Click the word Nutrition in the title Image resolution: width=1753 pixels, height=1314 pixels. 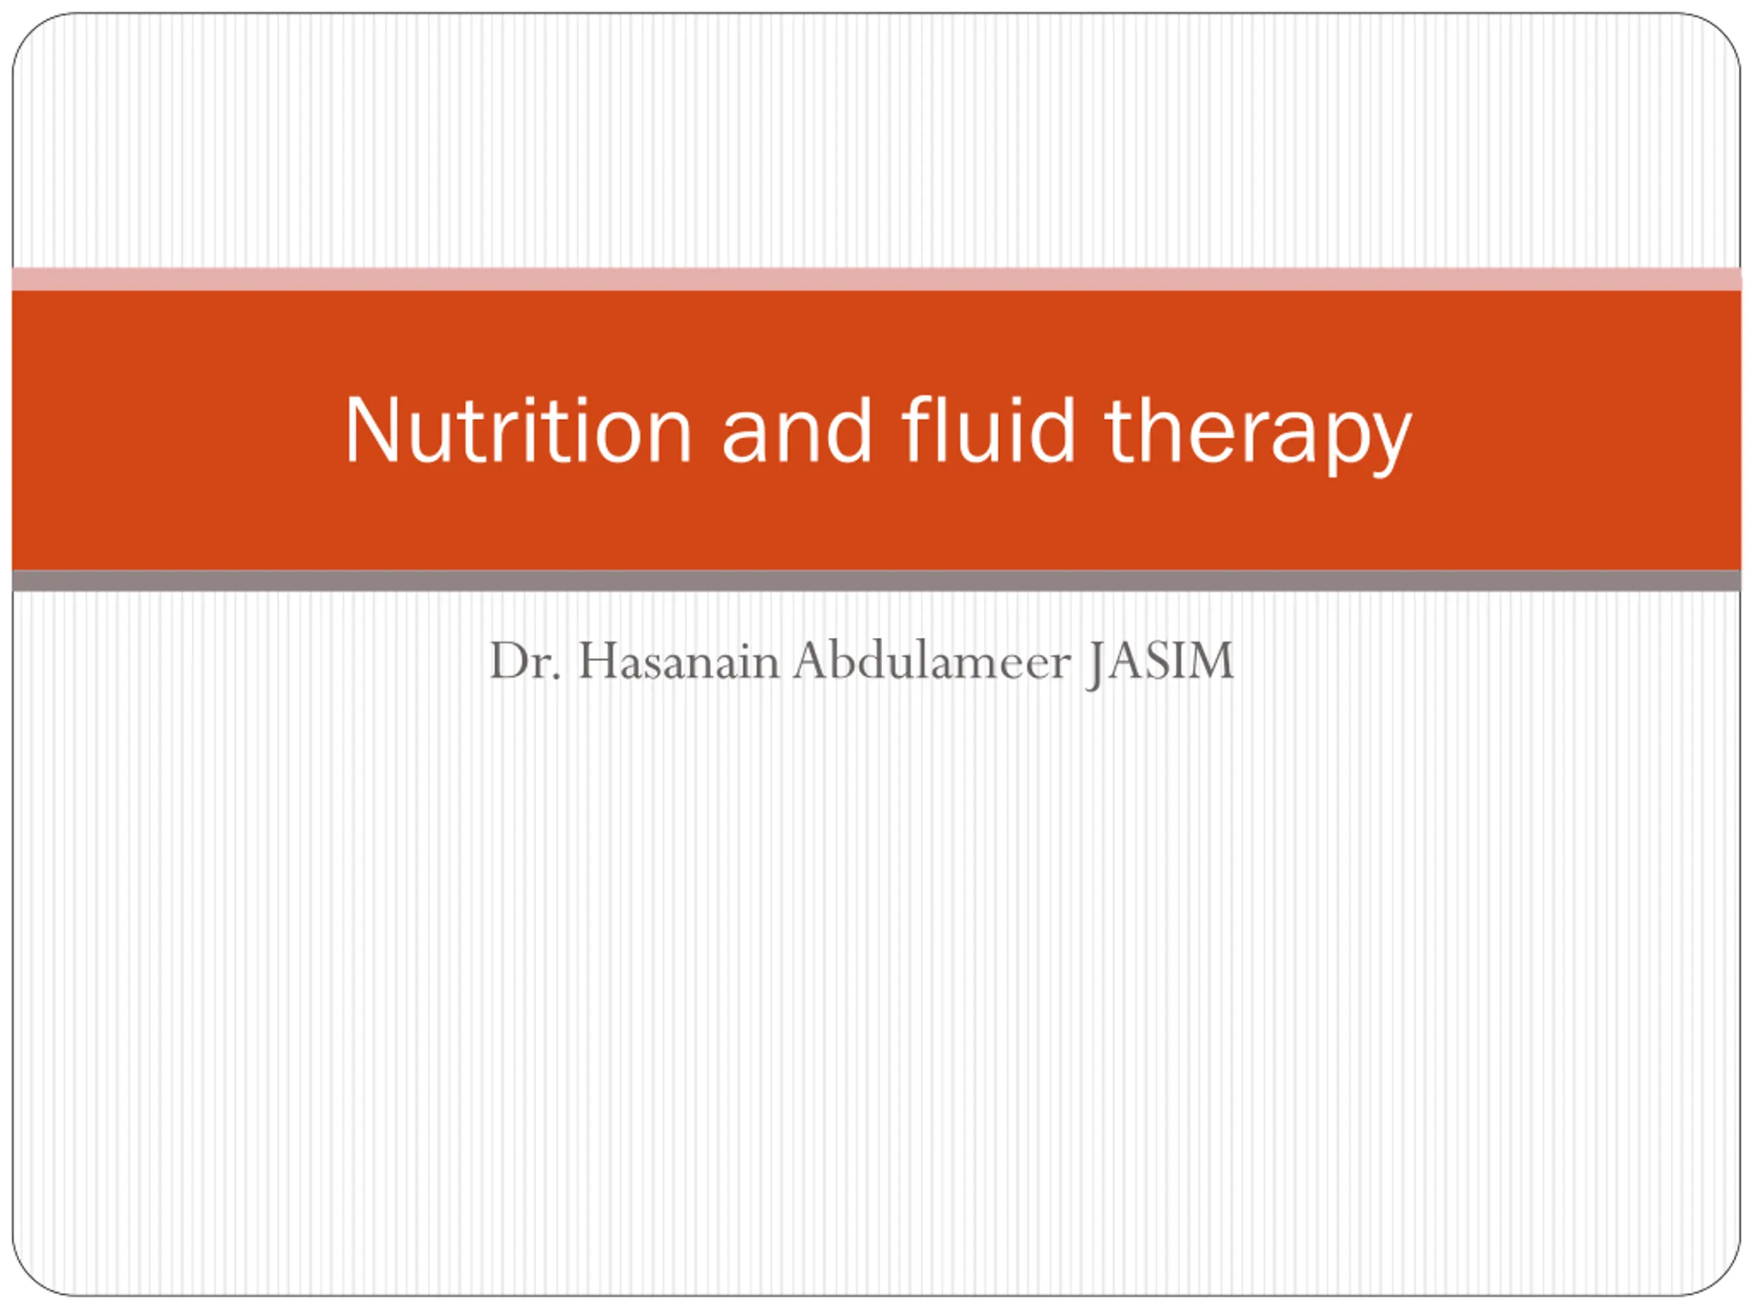[x=518, y=430]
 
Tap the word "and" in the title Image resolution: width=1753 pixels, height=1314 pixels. [x=796, y=430]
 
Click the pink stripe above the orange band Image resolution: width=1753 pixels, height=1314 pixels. [x=876, y=279]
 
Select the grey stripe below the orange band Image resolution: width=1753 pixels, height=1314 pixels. [x=876, y=580]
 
